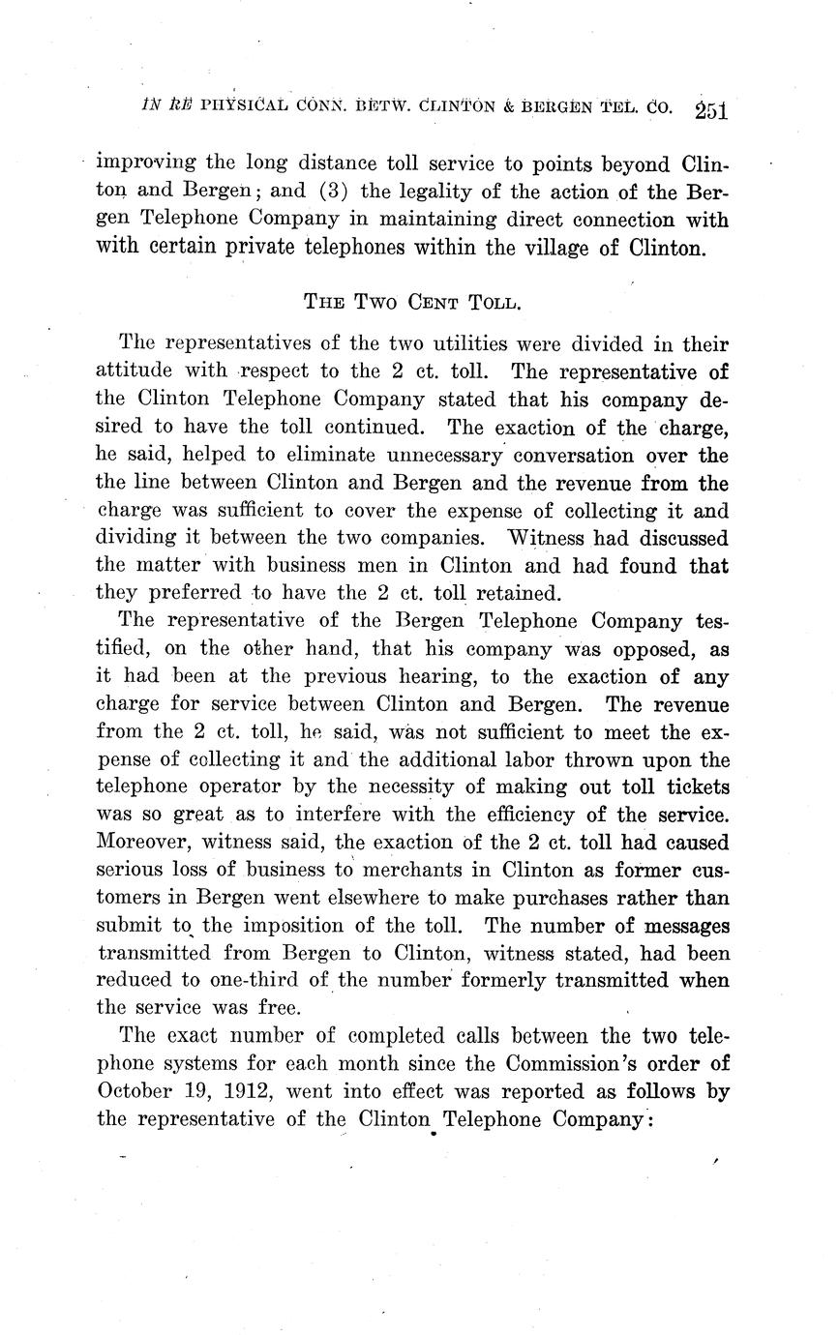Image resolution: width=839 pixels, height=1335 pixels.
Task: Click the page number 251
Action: (x=710, y=109)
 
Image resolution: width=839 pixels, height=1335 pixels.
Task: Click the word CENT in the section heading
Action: (x=419, y=301)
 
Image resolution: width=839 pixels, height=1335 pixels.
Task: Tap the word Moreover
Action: (x=143, y=844)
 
